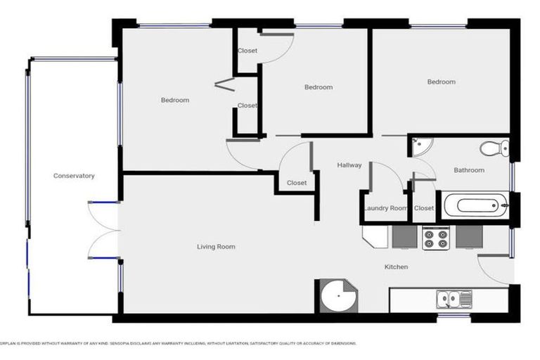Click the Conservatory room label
tap(74, 176)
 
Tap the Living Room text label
tap(216, 247)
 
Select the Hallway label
tap(349, 165)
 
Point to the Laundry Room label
tap(385, 208)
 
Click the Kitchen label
tap(396, 267)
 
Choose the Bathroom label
tap(469, 170)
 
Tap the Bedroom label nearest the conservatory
tap(175, 100)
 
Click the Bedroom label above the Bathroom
tap(442, 82)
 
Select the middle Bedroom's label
tap(319, 87)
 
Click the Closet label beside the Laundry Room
tap(424, 208)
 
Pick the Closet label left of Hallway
tap(297, 183)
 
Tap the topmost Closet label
tap(247, 51)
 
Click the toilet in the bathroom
tap(495, 148)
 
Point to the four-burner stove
tap(435, 239)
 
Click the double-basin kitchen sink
tap(454, 299)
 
